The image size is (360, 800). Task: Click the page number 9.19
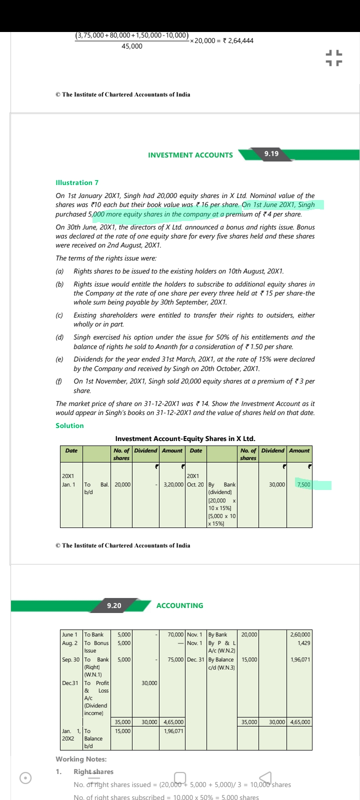click(271, 153)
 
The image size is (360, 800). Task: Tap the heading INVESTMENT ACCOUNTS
click(190, 155)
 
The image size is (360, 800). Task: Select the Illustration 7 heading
click(77, 182)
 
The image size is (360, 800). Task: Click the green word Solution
click(69, 425)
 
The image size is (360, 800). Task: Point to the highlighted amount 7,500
click(303, 484)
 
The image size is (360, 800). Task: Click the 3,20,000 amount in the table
click(173, 484)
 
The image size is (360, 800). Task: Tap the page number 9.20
click(114, 605)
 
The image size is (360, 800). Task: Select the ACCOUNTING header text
click(179, 605)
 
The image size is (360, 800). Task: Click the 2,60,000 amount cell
click(300, 634)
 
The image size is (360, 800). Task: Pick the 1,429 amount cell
click(303, 643)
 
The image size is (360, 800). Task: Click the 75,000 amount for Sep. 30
click(175, 659)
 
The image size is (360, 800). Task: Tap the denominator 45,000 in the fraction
click(132, 46)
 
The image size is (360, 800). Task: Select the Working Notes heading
click(81, 759)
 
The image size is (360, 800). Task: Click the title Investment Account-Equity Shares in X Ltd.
click(185, 438)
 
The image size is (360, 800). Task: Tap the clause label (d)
click(59, 337)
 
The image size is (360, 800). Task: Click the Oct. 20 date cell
click(195, 484)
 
